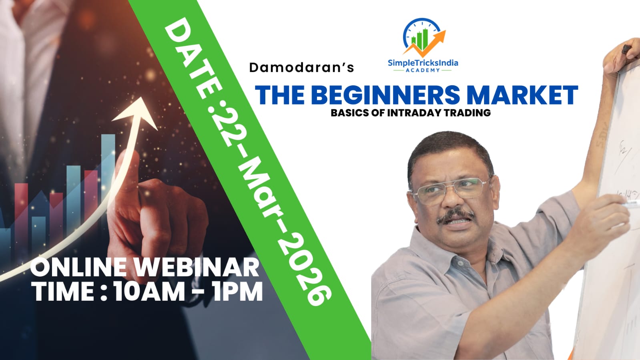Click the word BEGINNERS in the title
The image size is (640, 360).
(385, 95)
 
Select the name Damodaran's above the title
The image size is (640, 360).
(301, 67)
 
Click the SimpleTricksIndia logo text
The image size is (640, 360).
(423, 63)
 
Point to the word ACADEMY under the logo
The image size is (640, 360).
(422, 70)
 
